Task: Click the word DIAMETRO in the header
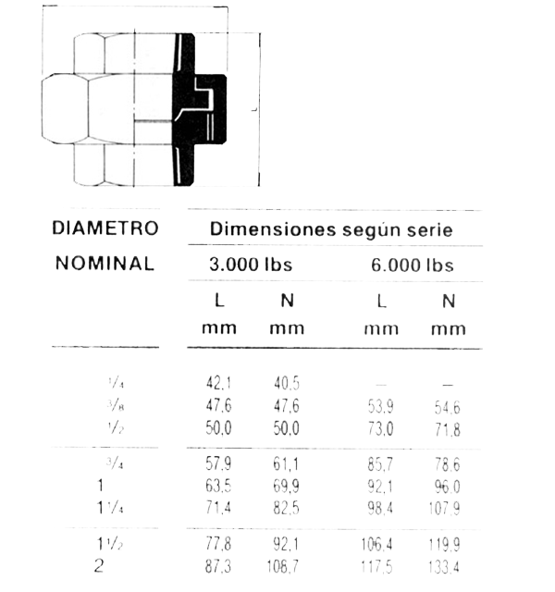[x=105, y=228]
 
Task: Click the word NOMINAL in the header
[x=105, y=263]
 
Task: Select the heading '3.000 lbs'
[x=251, y=265]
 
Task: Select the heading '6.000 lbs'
[x=413, y=265]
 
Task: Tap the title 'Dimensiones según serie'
[x=331, y=228]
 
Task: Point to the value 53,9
[x=380, y=405]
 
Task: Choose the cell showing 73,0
[x=380, y=429]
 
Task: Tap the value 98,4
[x=380, y=509]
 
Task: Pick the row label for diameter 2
[x=99, y=565]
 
